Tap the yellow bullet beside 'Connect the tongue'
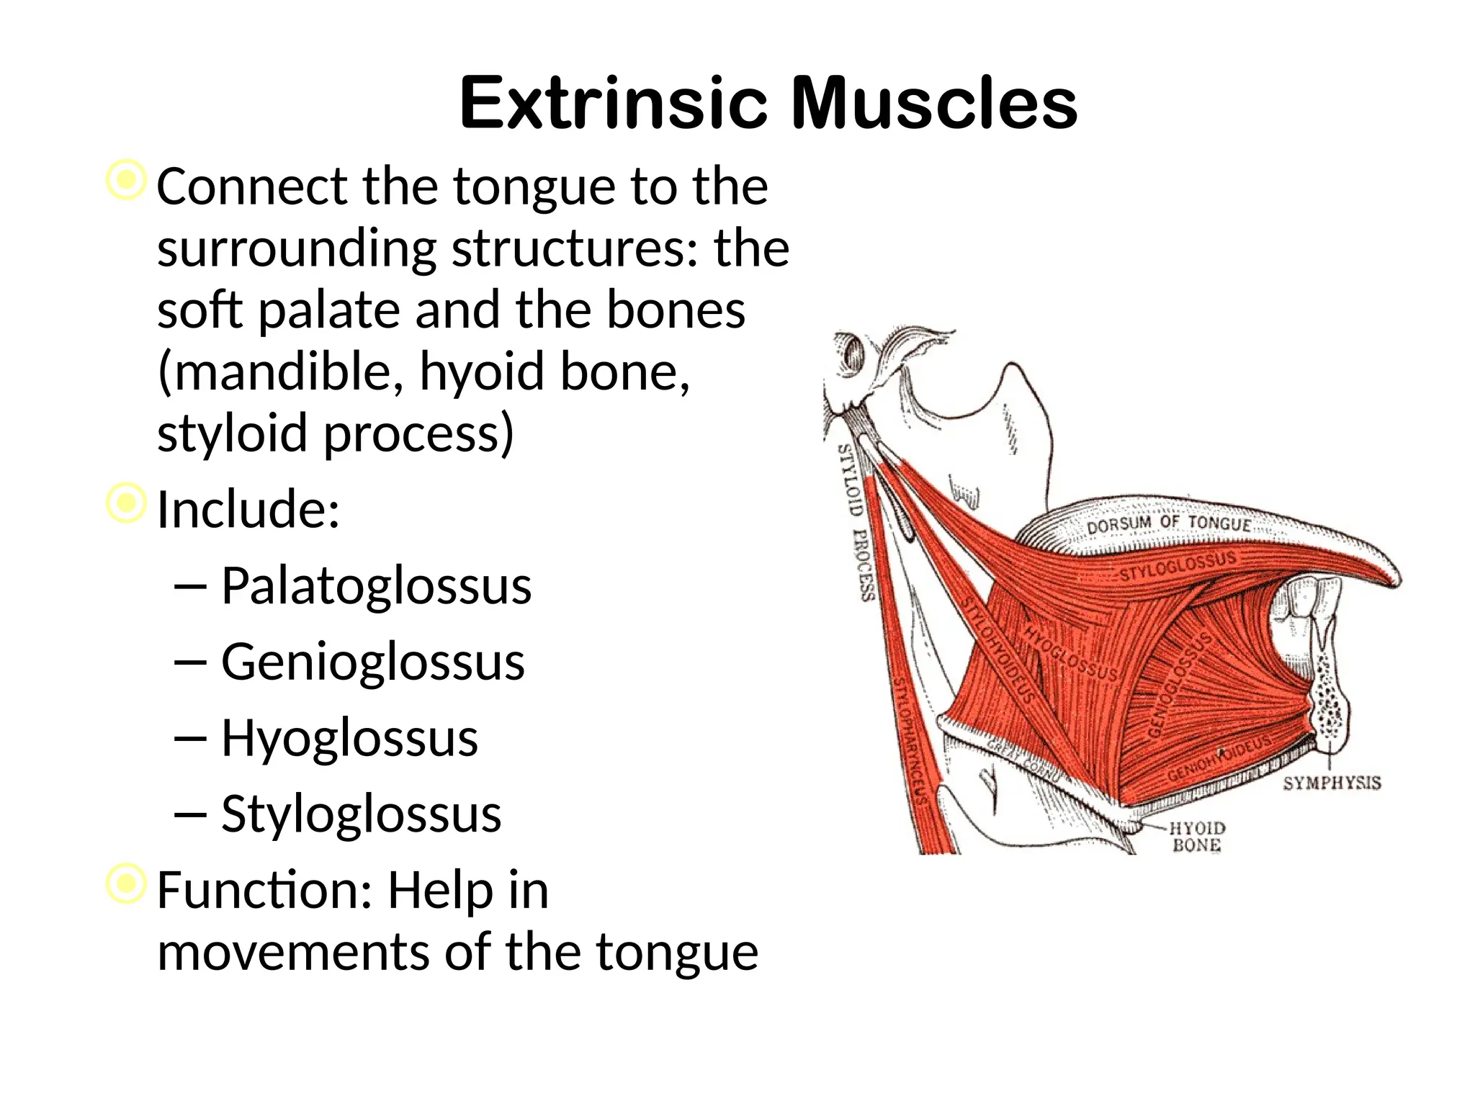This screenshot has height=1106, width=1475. point(126,179)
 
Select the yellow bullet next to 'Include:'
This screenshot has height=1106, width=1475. point(126,502)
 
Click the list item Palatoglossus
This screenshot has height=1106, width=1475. point(375,586)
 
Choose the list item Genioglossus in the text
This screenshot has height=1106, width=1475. point(372,662)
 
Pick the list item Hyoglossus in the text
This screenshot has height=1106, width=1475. point(349,738)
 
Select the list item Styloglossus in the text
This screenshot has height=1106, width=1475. point(361,814)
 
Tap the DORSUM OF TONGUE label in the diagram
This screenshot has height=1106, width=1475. point(1168,524)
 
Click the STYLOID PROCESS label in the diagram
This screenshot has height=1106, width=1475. point(856,523)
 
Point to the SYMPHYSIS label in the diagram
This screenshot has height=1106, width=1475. point(1332,783)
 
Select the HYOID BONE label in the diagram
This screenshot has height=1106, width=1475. point(1196,837)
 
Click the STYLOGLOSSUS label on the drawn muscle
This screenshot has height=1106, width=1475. point(1177,566)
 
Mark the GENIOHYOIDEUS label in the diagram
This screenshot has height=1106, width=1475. point(1219,758)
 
